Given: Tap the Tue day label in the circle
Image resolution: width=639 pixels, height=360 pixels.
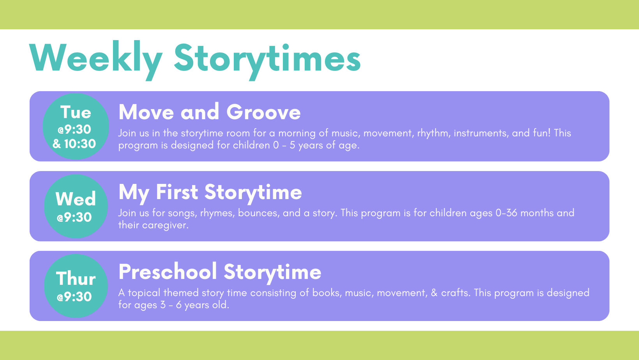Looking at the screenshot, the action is pos(76,112).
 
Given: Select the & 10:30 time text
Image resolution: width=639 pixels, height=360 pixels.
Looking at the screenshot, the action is pos(74,144).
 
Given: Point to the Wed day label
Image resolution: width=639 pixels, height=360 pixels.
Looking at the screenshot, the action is pos(76,199).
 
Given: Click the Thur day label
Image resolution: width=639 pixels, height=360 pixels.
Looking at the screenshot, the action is pos(76,278).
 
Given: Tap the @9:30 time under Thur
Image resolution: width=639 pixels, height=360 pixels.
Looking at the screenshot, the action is pos(74,296).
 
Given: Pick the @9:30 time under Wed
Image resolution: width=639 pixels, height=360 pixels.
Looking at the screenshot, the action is pos(74,217).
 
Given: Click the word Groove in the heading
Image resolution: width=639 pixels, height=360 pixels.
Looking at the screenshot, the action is pos(263,112).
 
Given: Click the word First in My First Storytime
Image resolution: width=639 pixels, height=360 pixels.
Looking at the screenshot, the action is pos(177,192).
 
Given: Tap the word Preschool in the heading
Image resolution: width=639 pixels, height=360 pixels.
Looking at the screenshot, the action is pos(168,272).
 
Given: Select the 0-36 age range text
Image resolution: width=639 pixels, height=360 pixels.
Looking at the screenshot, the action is pos(507,213).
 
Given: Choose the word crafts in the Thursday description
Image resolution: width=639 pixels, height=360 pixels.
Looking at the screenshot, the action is pos(455,293).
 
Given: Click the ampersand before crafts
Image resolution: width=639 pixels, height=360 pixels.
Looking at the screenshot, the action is pos(434,293).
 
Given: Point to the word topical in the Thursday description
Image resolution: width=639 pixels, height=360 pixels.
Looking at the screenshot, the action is pos(144,293).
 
